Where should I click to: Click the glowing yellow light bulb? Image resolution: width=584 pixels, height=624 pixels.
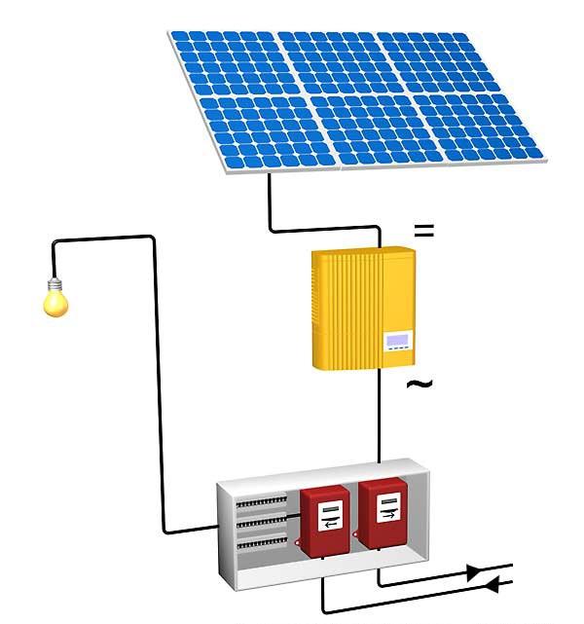(x=55, y=302)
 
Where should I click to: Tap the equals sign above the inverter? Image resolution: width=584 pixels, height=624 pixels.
(x=423, y=232)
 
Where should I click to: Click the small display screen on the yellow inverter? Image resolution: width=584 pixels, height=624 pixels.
(x=398, y=342)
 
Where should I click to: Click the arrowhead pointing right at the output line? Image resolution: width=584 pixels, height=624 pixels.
(x=473, y=572)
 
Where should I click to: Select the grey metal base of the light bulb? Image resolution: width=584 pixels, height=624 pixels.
(x=55, y=283)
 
